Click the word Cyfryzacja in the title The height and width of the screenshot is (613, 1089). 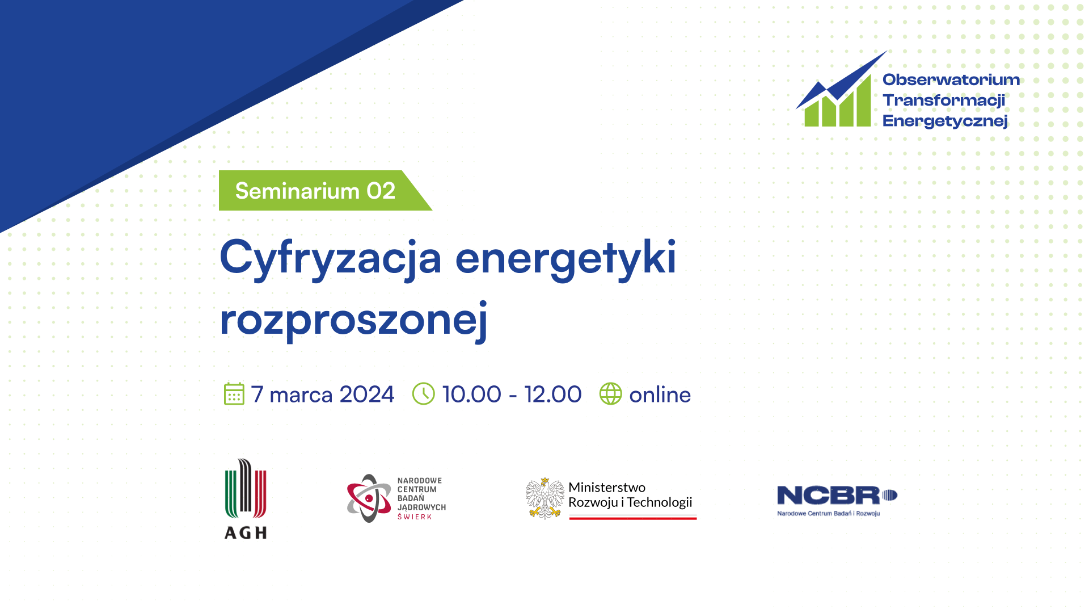point(331,259)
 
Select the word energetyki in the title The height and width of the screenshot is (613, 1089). point(566,259)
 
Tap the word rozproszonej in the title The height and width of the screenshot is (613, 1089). point(354,321)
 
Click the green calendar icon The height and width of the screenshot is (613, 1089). point(234,394)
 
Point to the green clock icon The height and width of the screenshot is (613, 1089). point(423,394)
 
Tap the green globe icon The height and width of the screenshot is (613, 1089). point(611,394)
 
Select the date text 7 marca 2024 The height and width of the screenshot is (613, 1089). point(323,394)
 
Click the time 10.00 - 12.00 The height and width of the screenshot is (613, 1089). point(512,394)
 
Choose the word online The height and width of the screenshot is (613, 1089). point(660,394)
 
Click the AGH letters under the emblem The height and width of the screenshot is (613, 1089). point(246,532)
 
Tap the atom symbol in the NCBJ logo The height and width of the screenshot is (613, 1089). point(369,498)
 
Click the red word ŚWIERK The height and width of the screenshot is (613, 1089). point(415,517)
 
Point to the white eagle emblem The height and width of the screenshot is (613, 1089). point(544,498)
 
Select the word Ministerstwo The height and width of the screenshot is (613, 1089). point(607,488)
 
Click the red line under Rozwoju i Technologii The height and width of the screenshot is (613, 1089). point(633,518)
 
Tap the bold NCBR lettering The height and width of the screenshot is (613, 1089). point(828,496)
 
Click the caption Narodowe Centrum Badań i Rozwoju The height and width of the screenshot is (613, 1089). point(829,514)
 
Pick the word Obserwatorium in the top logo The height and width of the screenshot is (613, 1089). point(951,79)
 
